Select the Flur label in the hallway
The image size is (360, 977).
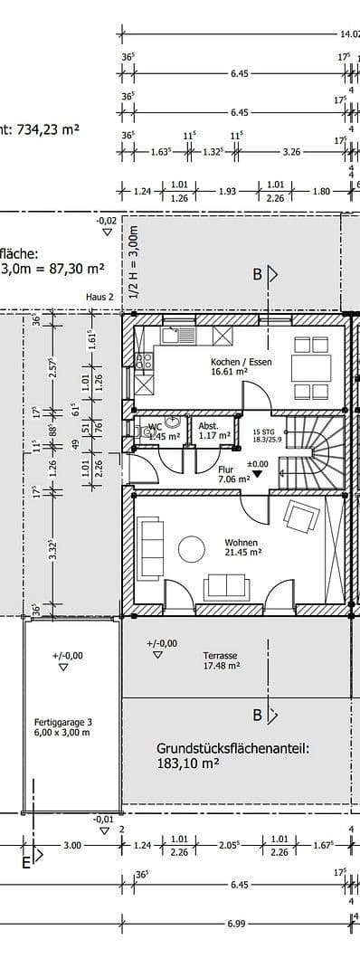pos(227,470)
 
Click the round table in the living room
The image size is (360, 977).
pos(192,549)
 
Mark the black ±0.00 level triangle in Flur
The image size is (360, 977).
pos(260,471)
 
